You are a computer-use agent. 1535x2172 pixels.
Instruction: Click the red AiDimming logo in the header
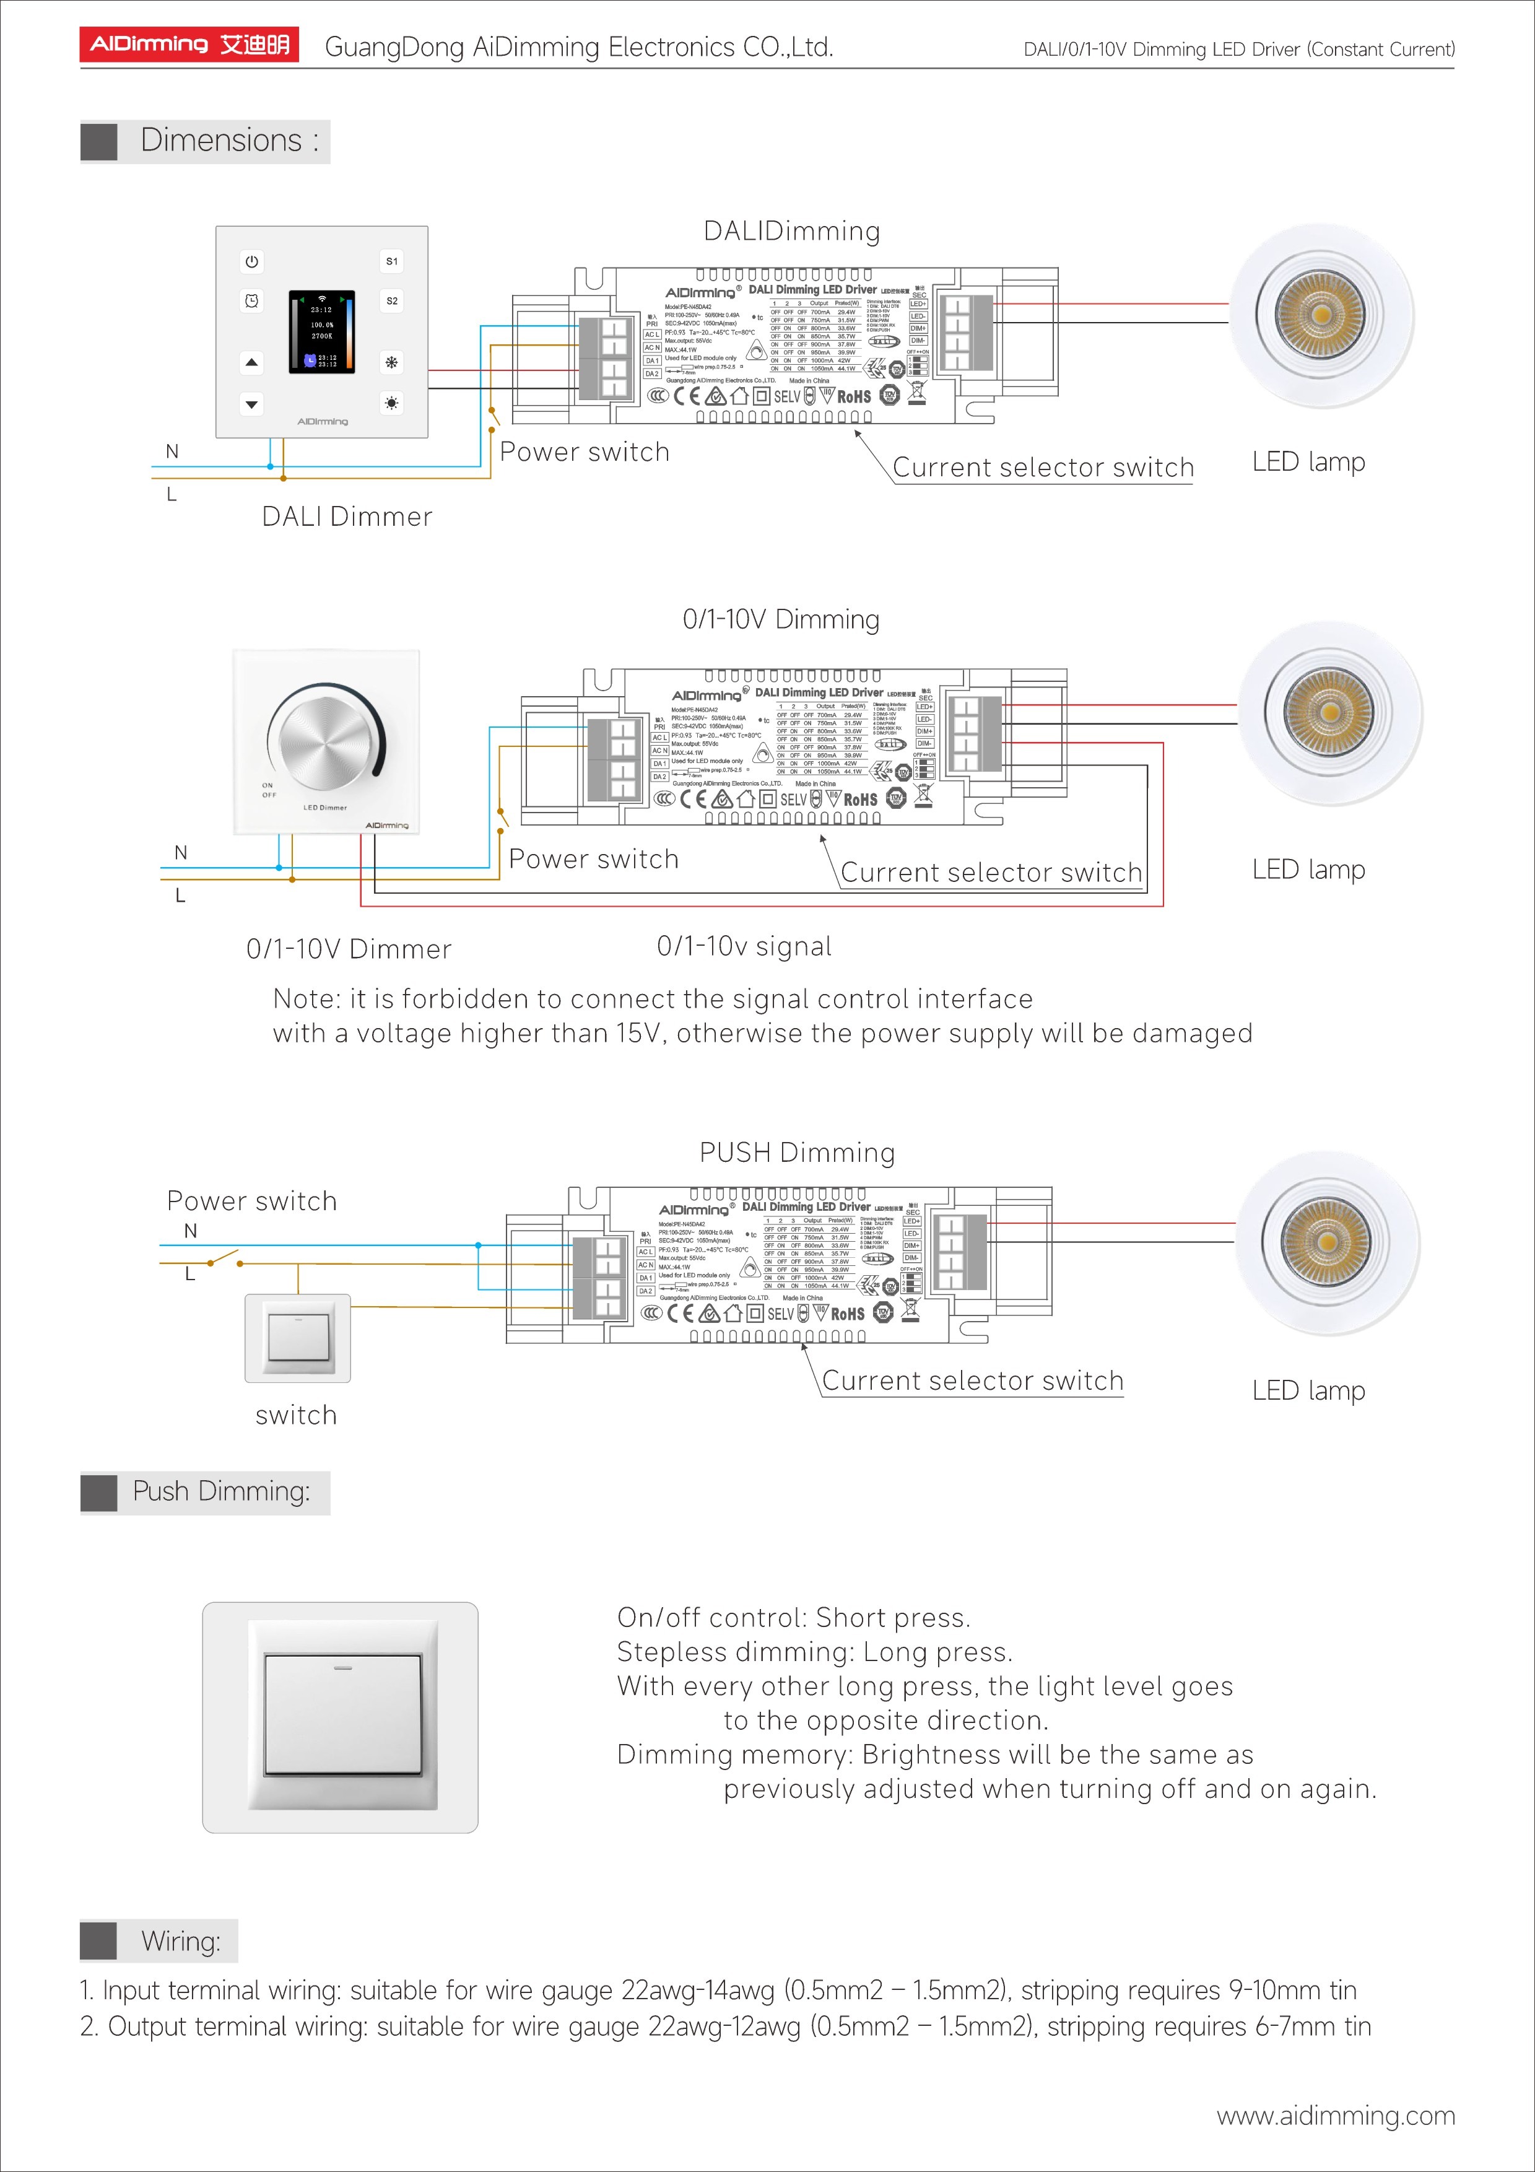click(189, 45)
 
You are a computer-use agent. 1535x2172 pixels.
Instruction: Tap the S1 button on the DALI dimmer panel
click(391, 261)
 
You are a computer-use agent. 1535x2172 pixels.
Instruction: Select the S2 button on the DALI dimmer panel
click(391, 301)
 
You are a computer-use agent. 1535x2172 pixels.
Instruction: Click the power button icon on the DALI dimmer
click(251, 261)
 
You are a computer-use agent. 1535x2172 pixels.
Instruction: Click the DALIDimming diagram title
click(791, 232)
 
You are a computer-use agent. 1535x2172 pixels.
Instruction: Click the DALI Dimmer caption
click(347, 517)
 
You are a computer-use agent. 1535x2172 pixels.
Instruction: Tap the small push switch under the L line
click(298, 1338)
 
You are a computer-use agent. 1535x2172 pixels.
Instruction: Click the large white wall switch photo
click(341, 1717)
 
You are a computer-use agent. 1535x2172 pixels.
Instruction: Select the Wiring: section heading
click(180, 1941)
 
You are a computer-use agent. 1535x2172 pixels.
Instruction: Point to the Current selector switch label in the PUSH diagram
click(972, 1381)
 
